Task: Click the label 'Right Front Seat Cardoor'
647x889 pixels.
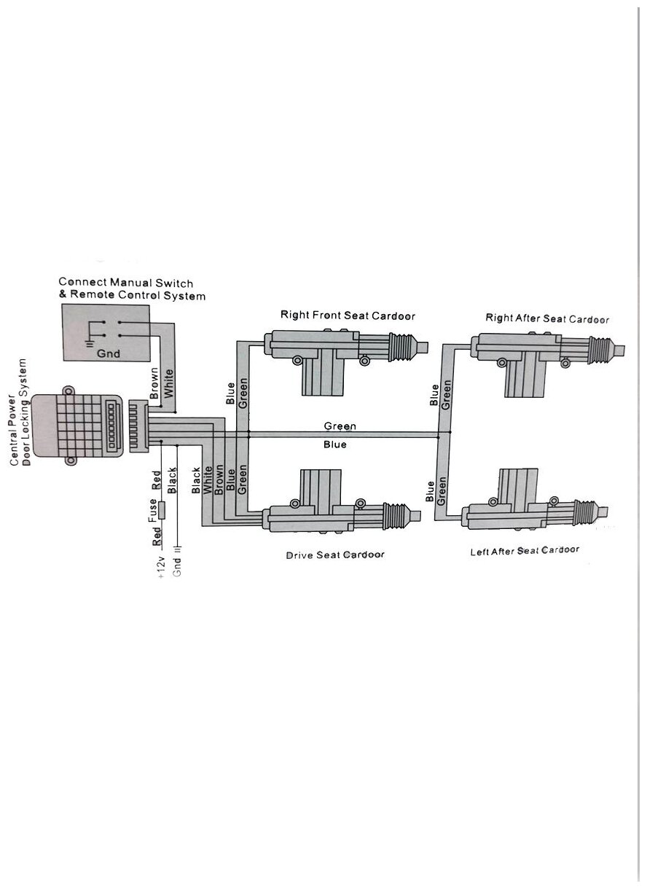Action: [348, 316]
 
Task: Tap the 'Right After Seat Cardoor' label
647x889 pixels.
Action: [547, 318]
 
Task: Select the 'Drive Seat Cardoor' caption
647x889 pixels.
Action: [334, 555]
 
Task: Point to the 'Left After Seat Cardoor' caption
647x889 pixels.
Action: [525, 551]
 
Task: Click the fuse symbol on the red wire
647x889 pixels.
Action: [162, 509]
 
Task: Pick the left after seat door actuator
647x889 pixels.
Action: [536, 506]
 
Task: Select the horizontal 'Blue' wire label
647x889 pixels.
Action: [335, 444]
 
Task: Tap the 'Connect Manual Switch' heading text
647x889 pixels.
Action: [126, 282]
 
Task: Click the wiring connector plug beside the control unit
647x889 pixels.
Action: [138, 426]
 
